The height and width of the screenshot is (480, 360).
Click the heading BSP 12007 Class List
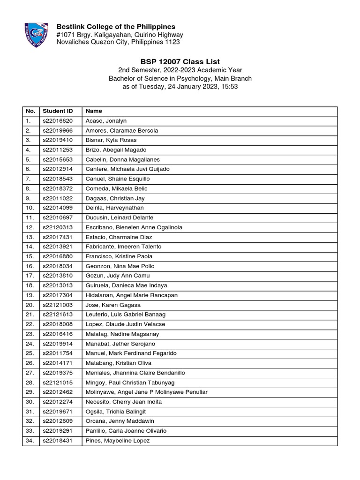[180, 61]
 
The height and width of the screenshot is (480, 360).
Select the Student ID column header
[58, 111]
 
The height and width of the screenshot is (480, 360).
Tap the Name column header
[94, 111]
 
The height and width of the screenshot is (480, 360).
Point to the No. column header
[30, 111]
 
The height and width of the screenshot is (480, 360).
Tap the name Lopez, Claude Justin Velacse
[125, 324]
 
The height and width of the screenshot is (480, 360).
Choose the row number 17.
[30, 276]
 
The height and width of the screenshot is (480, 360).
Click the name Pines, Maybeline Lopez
[118, 441]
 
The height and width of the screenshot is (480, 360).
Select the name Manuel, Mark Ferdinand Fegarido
[131, 353]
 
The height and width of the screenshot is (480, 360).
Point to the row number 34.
[30, 441]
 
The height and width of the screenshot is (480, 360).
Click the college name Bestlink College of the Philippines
[116, 26]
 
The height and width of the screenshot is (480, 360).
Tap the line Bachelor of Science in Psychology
[180, 79]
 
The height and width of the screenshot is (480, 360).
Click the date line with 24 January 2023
[180, 87]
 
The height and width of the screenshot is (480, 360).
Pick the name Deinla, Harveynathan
[114, 208]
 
